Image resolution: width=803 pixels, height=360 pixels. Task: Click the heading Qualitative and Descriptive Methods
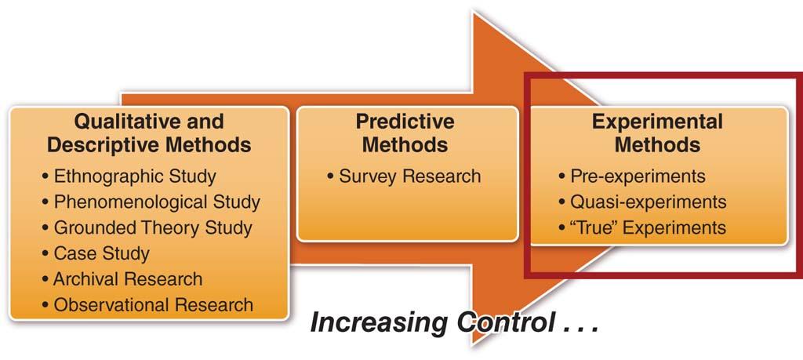coord(149,133)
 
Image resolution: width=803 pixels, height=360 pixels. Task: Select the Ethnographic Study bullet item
coord(135,176)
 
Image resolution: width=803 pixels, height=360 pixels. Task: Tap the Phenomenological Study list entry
coord(157,202)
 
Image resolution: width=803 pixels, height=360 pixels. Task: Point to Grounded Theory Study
coord(153,227)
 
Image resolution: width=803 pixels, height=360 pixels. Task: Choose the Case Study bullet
coord(101,253)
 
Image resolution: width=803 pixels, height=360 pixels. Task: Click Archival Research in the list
coord(128,279)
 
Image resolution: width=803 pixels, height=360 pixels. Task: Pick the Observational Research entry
coord(153,305)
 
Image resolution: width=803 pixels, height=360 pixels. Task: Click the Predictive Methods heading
coord(405,133)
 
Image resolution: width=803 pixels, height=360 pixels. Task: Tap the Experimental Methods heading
coord(657,133)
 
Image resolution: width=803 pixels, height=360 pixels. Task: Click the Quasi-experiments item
coord(649,202)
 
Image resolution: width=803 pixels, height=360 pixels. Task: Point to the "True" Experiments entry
coord(648,227)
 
